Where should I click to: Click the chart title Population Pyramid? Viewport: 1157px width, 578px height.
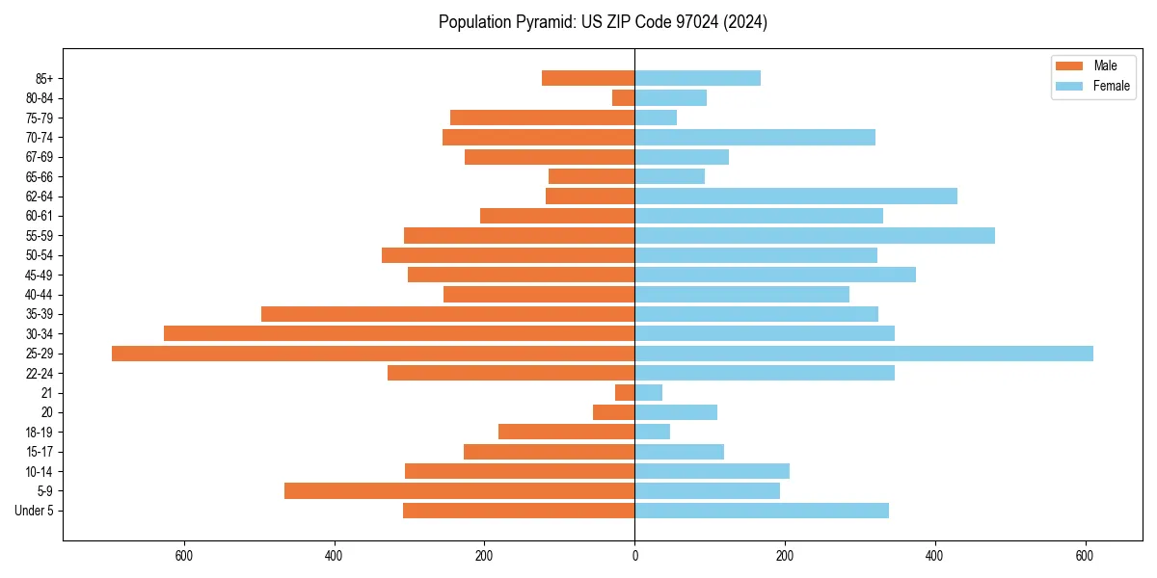click(603, 22)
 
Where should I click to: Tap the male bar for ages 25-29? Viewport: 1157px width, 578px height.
click(373, 354)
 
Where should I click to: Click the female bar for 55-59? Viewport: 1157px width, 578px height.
click(815, 236)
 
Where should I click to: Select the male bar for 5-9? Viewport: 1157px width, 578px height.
click(459, 491)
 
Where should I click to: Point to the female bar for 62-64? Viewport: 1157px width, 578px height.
click(795, 197)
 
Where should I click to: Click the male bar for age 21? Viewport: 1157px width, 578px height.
click(625, 393)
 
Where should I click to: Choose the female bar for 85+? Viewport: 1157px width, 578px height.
click(697, 78)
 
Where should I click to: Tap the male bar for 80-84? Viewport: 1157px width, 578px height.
click(623, 98)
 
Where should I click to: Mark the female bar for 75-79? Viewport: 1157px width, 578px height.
click(656, 118)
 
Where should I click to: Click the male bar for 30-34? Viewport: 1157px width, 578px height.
click(399, 334)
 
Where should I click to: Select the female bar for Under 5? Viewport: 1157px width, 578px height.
click(762, 511)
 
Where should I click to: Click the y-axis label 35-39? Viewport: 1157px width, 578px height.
click(40, 314)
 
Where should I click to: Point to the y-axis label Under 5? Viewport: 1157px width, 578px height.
click(35, 511)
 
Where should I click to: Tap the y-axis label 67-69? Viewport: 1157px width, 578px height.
click(40, 157)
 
